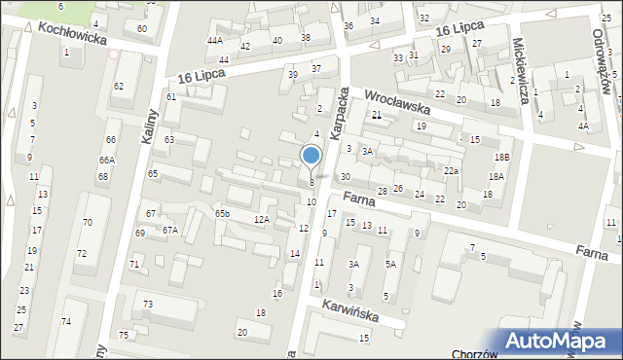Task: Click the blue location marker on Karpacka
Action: point(311,156)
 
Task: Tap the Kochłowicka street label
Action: point(71,36)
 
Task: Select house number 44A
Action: point(215,41)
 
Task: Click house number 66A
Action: point(106,161)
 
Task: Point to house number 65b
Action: point(223,213)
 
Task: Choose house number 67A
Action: point(170,230)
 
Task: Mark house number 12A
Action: point(262,220)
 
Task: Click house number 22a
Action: point(451,171)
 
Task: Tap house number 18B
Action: point(501,157)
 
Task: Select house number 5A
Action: point(390,264)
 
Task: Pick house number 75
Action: point(124,336)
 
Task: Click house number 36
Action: point(348,25)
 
